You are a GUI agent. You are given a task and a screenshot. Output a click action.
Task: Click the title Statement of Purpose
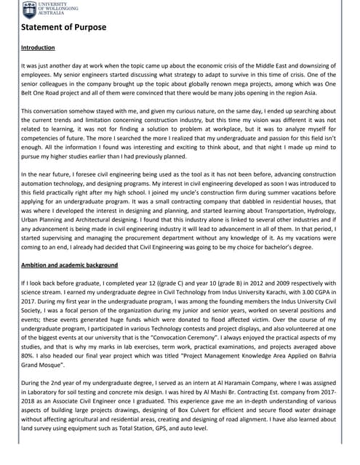pyautogui.click(x=63, y=28)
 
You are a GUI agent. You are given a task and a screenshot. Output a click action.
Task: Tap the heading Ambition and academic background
pyautogui.click(x=70, y=264)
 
